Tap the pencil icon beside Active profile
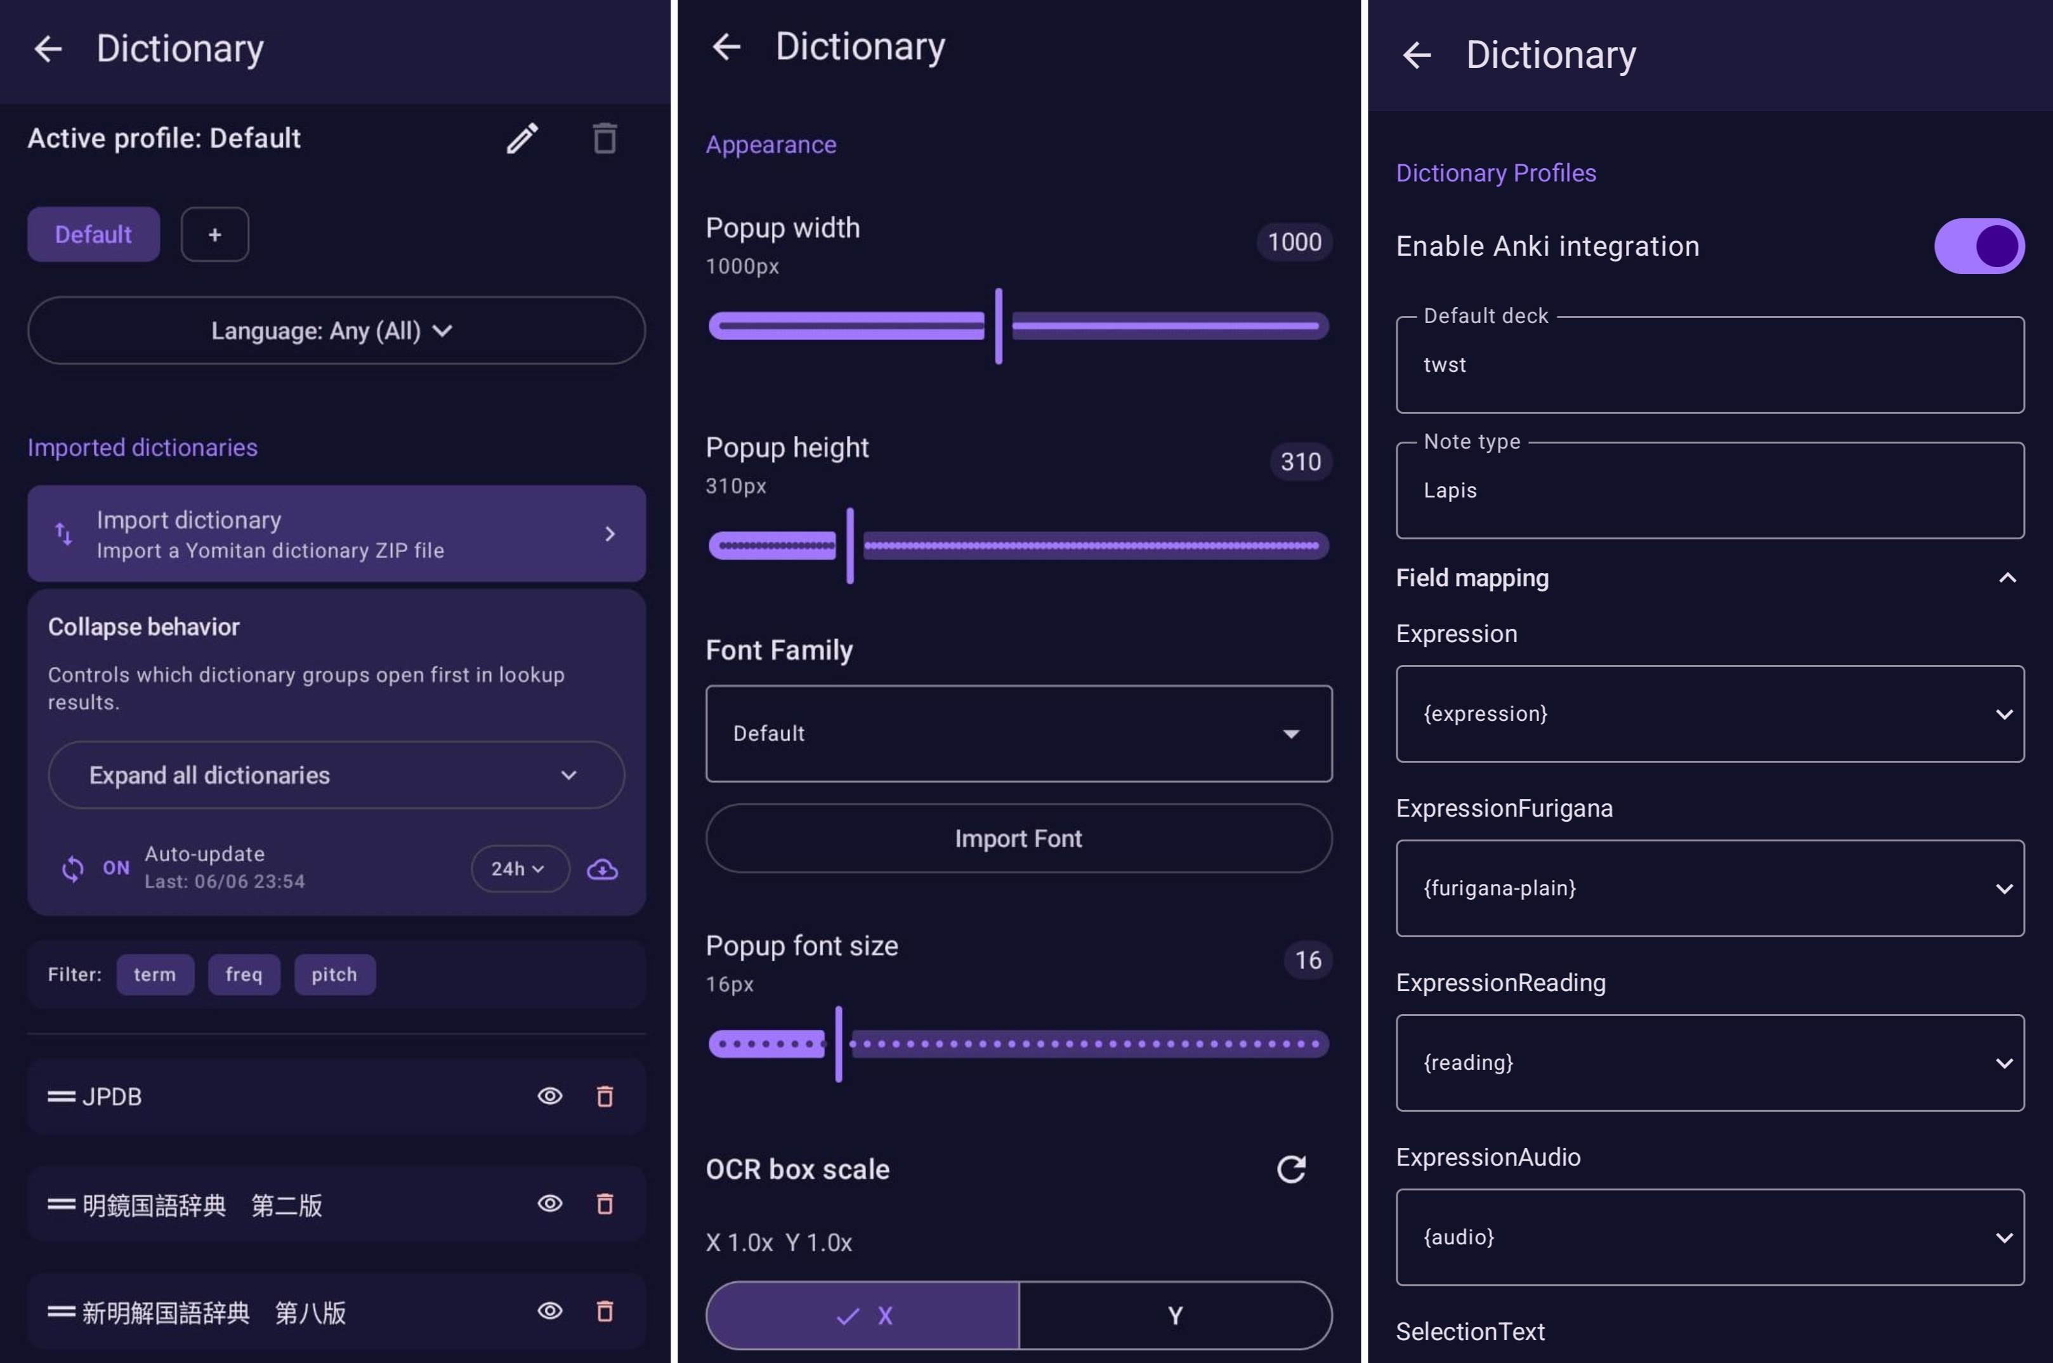pos(522,138)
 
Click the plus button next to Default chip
pos(214,235)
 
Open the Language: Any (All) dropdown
pos(336,331)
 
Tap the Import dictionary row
pos(336,534)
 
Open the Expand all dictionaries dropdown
pos(336,775)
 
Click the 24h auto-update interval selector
pos(520,869)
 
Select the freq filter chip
pos(244,975)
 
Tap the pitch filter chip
pos(334,975)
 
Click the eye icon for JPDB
pos(550,1096)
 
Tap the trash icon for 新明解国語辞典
pos(605,1311)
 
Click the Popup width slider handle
pos(999,326)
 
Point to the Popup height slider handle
pos(850,546)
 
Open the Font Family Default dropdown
pos(1019,734)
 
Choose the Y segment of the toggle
pos(1175,1315)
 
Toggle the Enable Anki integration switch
pos(1979,246)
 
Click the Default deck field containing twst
pos(1710,365)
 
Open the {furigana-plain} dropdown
pos(1710,888)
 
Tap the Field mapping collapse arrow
pos(2007,578)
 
